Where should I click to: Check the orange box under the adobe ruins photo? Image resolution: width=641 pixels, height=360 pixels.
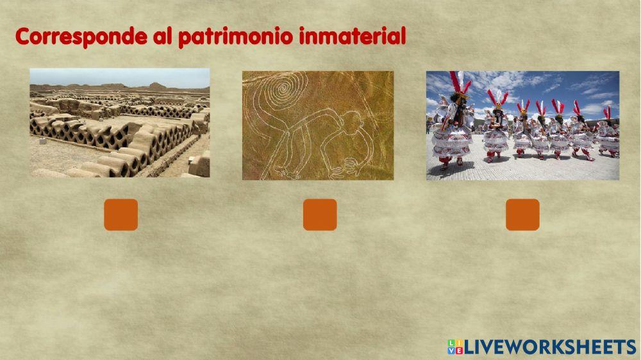pos(121,215)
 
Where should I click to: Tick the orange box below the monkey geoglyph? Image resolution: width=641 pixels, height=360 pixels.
pos(320,215)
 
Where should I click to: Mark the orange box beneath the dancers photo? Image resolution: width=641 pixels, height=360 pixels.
pos(522,215)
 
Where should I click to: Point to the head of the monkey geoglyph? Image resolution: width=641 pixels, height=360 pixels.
pos(351,120)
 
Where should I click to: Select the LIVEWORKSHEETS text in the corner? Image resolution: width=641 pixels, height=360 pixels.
pos(550,347)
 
